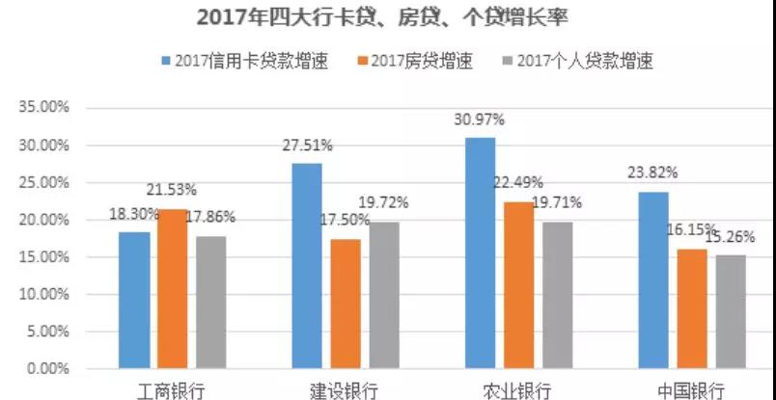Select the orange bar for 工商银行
[x=172, y=288]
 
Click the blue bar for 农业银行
[x=481, y=253]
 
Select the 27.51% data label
[x=307, y=146]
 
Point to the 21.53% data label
[x=173, y=191]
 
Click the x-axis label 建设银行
[x=344, y=390]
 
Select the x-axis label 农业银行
[x=517, y=390]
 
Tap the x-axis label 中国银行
[x=690, y=390]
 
